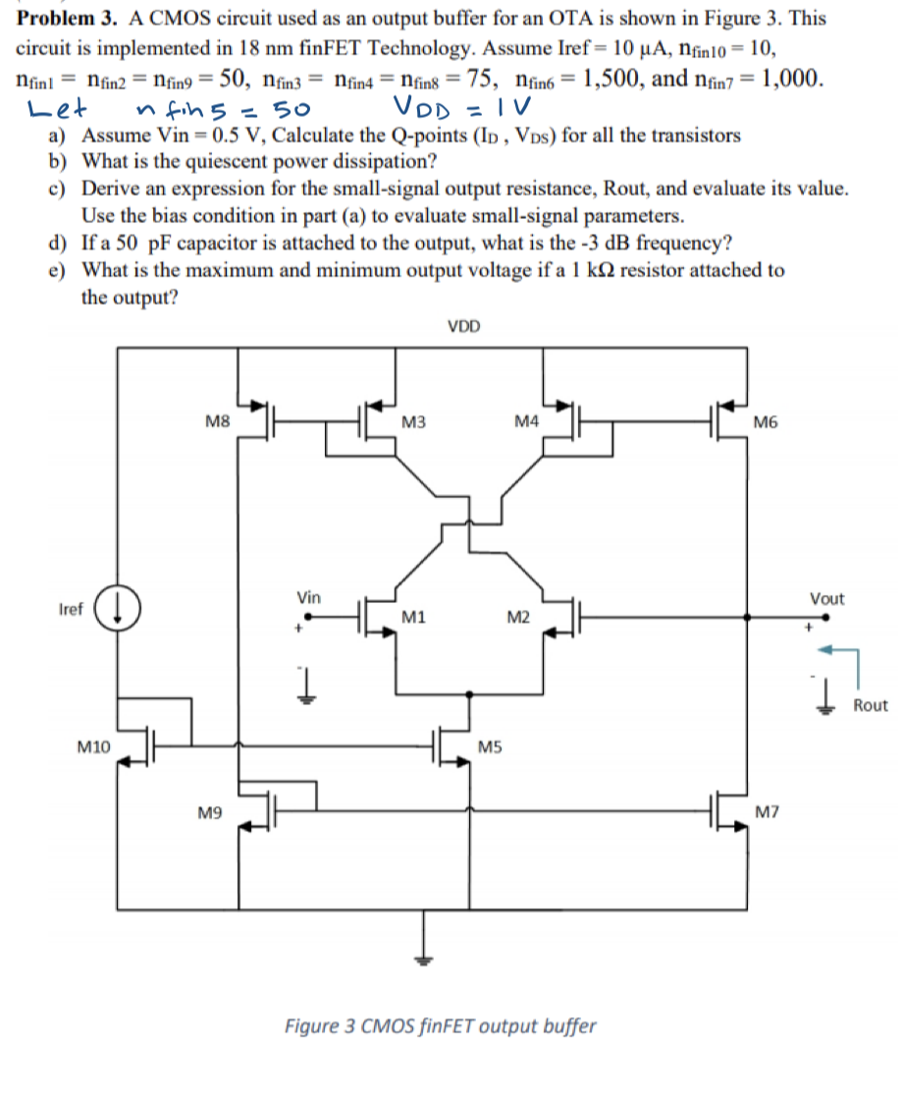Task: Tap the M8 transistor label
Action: (218, 422)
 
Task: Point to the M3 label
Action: (413, 422)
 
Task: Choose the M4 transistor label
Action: (526, 422)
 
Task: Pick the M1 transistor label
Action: (413, 617)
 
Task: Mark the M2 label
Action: (518, 617)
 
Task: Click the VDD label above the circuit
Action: (463, 327)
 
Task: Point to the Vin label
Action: (308, 597)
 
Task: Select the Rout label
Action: (870, 705)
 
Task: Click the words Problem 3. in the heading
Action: (63, 19)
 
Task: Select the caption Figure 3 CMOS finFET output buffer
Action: (440, 1026)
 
